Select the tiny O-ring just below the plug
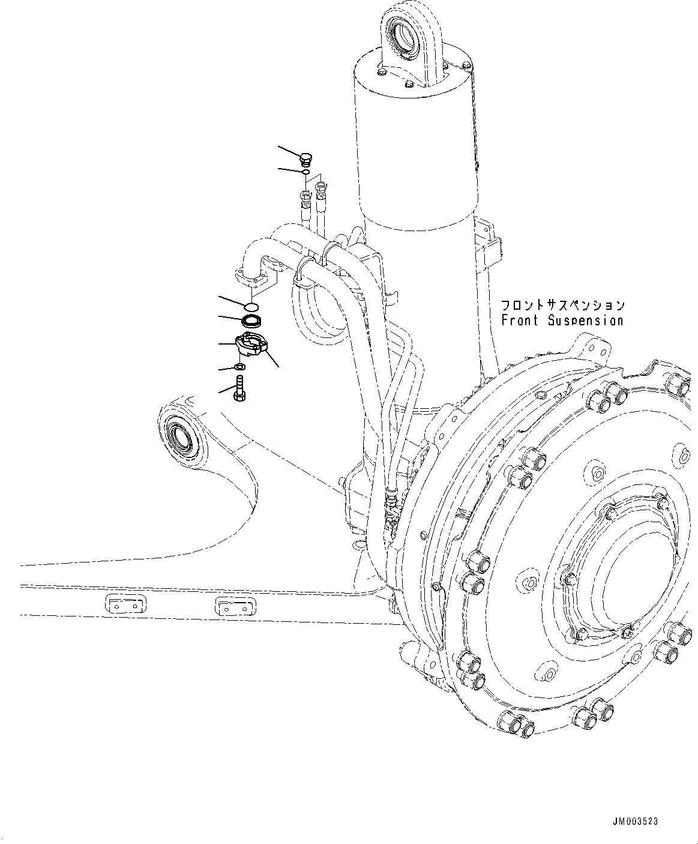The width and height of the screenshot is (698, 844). click(305, 173)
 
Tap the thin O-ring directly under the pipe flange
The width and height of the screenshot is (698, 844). click(252, 307)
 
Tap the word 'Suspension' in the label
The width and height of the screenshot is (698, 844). click(586, 321)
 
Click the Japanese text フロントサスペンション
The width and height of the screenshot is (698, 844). click(563, 306)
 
